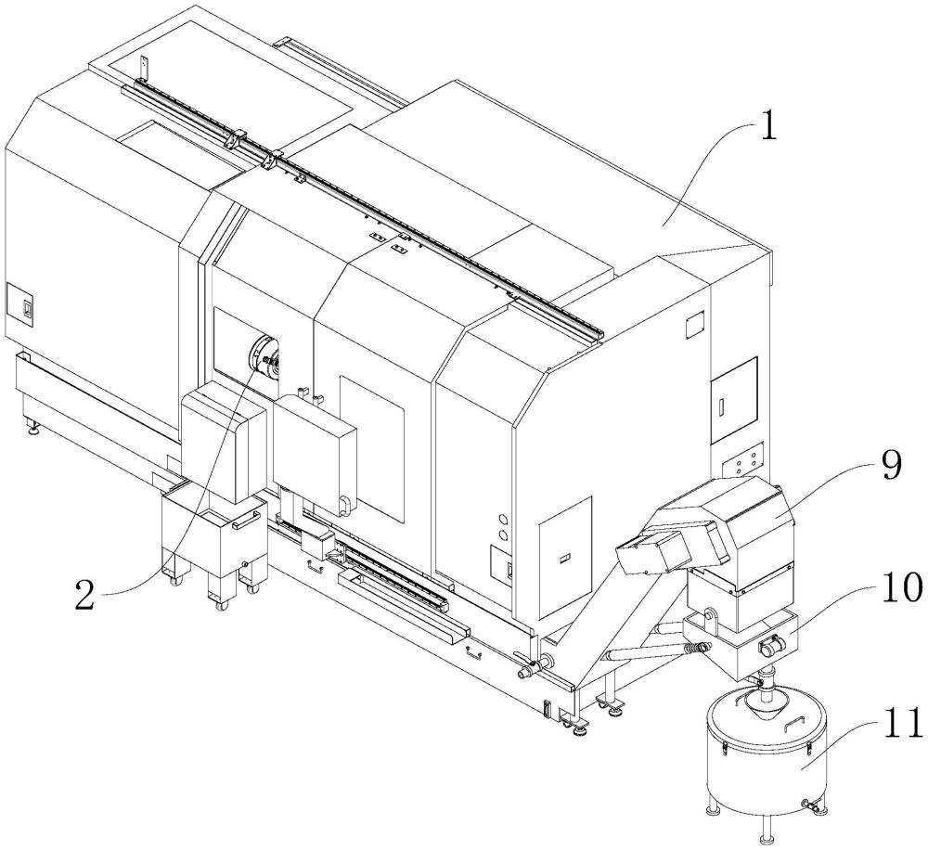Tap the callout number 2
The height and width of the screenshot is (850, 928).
coord(84,596)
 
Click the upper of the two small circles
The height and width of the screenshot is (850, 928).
coord(504,520)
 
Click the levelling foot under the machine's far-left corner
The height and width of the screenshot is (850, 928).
coord(33,428)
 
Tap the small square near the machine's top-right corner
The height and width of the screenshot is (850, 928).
coord(694,323)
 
